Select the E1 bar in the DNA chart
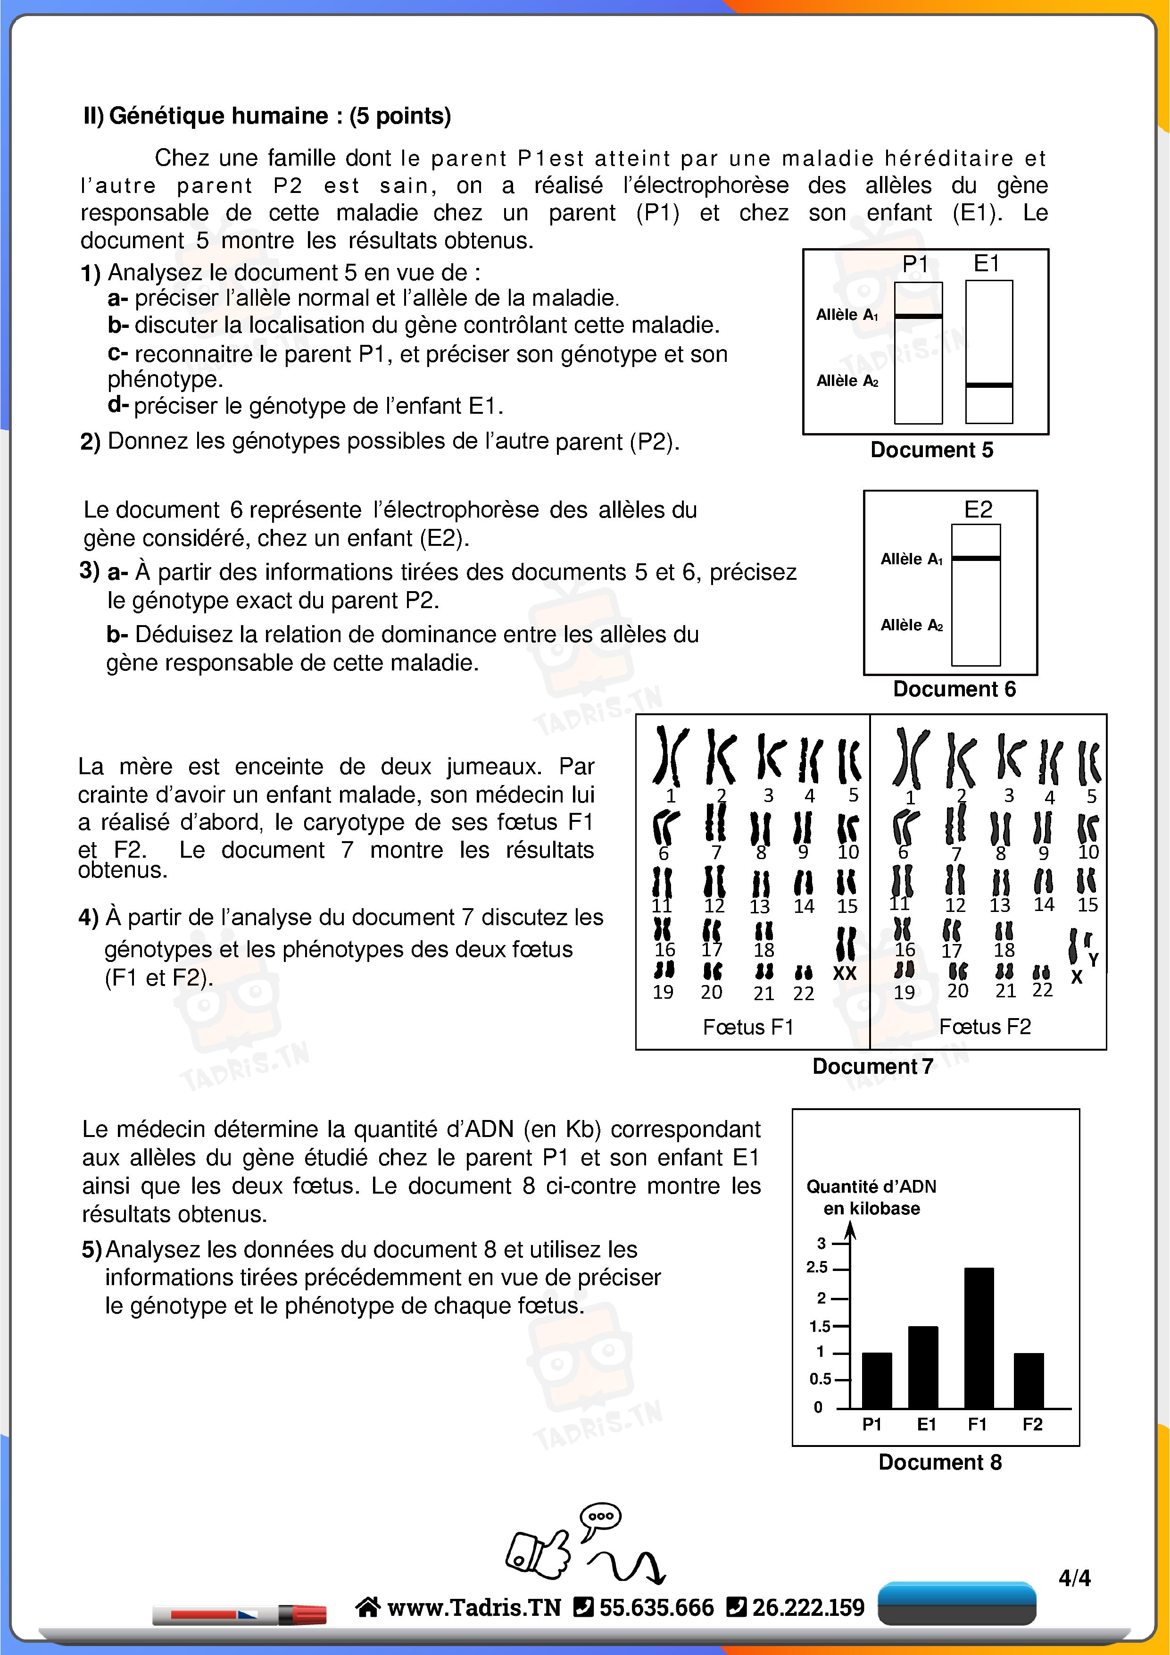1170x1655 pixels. click(923, 1367)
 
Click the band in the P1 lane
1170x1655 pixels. click(918, 316)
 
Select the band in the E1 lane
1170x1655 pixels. click(988, 385)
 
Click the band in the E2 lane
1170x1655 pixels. click(976, 558)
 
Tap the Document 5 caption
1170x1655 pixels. click(931, 450)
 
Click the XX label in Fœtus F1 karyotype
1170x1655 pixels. click(844, 973)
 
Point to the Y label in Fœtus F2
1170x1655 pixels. click(1093, 960)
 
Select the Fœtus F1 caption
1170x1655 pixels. click(748, 1027)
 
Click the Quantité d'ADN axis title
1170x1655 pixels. click(871, 1196)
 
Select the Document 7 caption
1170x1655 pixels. click(872, 1066)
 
